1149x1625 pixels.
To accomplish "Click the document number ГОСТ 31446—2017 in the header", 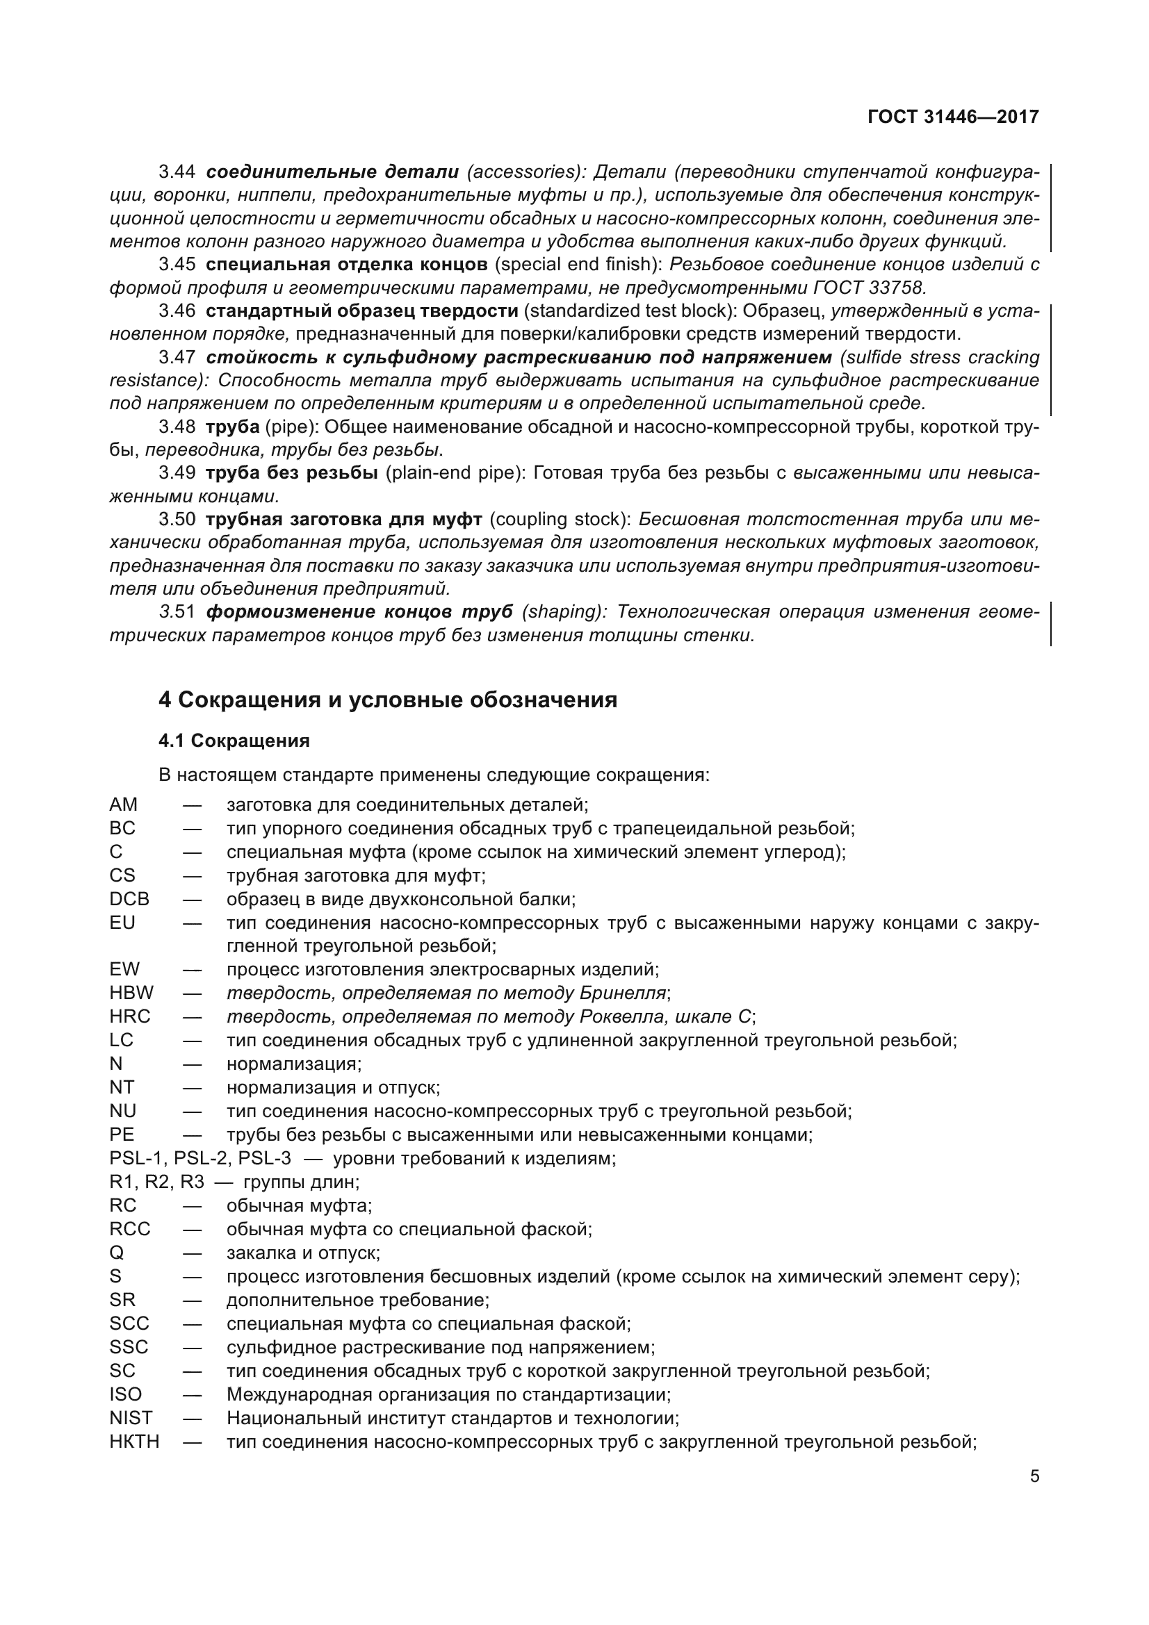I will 953,117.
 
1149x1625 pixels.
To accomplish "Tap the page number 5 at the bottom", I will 1034,1476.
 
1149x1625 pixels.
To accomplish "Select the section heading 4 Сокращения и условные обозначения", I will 387,700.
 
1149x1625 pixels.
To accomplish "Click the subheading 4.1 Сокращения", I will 234,741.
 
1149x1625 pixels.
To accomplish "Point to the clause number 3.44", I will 177,172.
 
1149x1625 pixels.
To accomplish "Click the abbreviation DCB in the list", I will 129,900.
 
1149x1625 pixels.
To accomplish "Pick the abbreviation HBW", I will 131,993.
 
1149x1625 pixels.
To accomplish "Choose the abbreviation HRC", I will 130,1016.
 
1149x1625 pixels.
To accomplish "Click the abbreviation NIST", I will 131,1419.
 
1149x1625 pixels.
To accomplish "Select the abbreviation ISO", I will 125,1395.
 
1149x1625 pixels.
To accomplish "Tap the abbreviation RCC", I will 130,1230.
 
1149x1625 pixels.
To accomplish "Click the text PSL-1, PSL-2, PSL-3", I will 200,1159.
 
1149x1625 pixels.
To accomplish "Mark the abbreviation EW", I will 124,969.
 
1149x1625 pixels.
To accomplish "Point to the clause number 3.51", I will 177,612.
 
